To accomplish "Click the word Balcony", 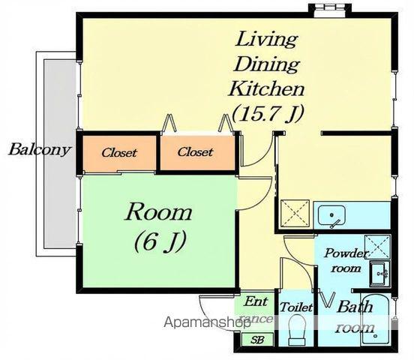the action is [40, 150].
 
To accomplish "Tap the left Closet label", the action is [119, 153].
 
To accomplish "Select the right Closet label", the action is [195, 151].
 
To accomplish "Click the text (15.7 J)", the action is [268, 114].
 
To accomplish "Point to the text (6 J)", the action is [160, 241].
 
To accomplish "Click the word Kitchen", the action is [267, 89].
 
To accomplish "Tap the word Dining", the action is [267, 64].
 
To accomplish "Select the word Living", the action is [267, 39].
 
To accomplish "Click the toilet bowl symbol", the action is [297, 331].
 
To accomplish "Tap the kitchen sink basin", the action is [331, 215].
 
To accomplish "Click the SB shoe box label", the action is [257, 340].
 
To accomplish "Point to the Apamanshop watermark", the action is [207, 322].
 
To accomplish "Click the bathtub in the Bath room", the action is [376, 319].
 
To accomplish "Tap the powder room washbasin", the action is [379, 274].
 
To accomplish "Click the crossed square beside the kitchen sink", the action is [295, 213].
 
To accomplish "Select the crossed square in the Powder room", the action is [377, 247].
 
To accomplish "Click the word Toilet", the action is [296, 307].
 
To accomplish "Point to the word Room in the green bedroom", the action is [158, 212].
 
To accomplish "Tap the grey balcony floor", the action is [60, 154].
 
